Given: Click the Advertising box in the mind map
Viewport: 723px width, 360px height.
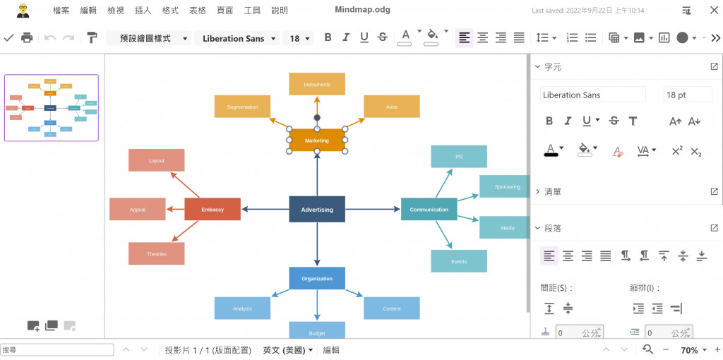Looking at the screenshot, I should (317, 210).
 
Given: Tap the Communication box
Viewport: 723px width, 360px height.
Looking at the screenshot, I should (429, 210).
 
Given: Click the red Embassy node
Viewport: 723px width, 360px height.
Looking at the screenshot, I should (213, 210).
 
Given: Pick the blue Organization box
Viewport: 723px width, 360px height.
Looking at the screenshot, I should (317, 278).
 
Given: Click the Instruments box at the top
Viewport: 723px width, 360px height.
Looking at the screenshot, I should (317, 84).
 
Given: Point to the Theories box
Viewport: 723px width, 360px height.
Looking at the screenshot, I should (157, 253).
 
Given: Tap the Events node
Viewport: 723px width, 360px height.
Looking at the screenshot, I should (459, 261).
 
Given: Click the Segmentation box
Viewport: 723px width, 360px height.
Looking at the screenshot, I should (242, 107).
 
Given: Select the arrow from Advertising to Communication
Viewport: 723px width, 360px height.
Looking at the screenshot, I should (373, 210).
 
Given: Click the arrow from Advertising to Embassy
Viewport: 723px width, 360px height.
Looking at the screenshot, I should (265, 210).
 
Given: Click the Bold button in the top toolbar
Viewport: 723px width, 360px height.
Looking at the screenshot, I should (328, 37).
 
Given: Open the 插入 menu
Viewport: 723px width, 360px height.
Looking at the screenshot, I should (143, 11).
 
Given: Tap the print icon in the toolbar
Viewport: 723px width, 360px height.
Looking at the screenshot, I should (27, 37).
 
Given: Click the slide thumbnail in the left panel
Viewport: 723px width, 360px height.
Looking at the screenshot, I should (52, 108).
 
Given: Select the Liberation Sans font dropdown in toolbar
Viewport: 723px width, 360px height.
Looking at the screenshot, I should (237, 38).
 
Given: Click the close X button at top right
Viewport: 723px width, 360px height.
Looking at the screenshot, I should (714, 11).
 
